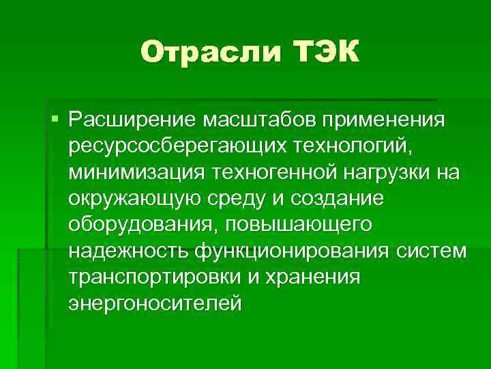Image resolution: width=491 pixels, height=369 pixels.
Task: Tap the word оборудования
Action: tap(142, 224)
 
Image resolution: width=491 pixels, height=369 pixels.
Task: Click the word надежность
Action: tap(128, 250)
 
